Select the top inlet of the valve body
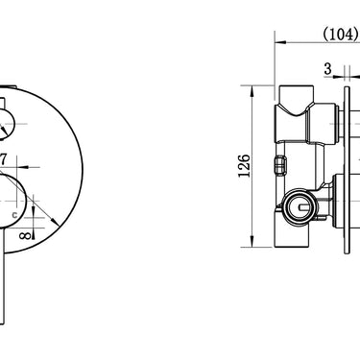coord(296,96)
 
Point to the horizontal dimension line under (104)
coord(312,44)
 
